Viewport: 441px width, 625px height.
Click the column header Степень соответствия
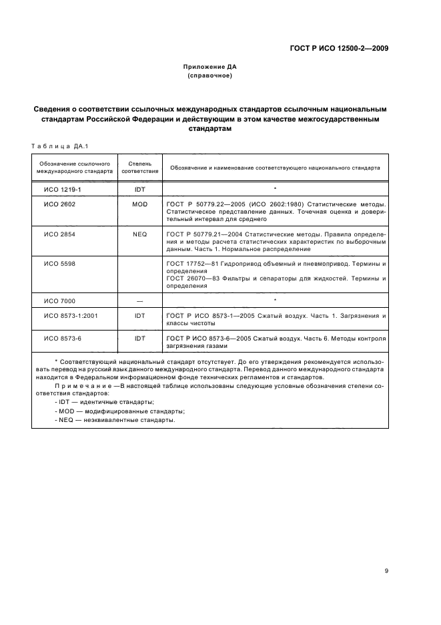coord(140,167)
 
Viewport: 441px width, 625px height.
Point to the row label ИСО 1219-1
coord(62,190)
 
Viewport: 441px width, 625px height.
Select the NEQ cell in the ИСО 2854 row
coord(140,234)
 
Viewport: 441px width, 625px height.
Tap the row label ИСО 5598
coord(59,264)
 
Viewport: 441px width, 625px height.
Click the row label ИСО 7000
coord(59,301)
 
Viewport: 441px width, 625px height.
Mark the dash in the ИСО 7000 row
coord(140,301)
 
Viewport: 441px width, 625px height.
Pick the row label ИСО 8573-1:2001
coord(71,315)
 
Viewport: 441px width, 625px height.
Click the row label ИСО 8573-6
coord(62,339)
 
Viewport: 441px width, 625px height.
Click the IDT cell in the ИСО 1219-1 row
coord(140,190)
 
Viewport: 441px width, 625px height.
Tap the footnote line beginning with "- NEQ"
coord(115,421)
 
